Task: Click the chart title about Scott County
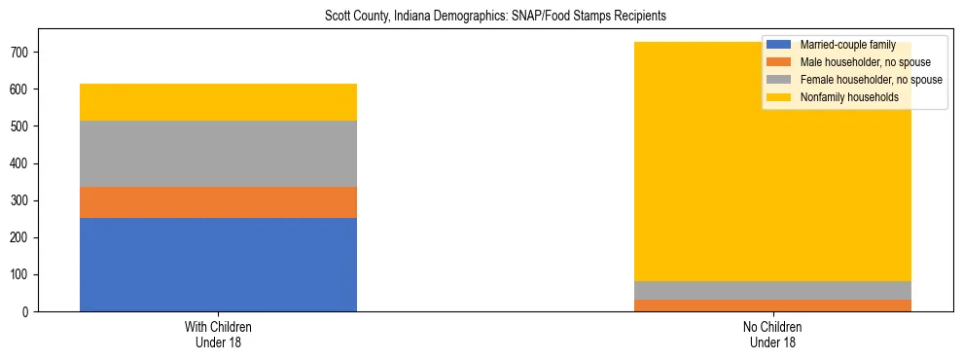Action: click(481, 17)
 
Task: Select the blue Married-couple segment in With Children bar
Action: click(218, 265)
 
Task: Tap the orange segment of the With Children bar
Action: click(218, 202)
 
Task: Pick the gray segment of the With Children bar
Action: click(218, 154)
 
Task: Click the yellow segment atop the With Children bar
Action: click(218, 102)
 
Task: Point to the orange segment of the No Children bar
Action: click(772, 306)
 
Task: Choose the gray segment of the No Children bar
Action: click(772, 290)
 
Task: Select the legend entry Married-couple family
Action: click(845, 45)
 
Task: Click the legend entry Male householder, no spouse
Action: click(865, 62)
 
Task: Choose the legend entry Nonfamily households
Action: click(848, 97)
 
